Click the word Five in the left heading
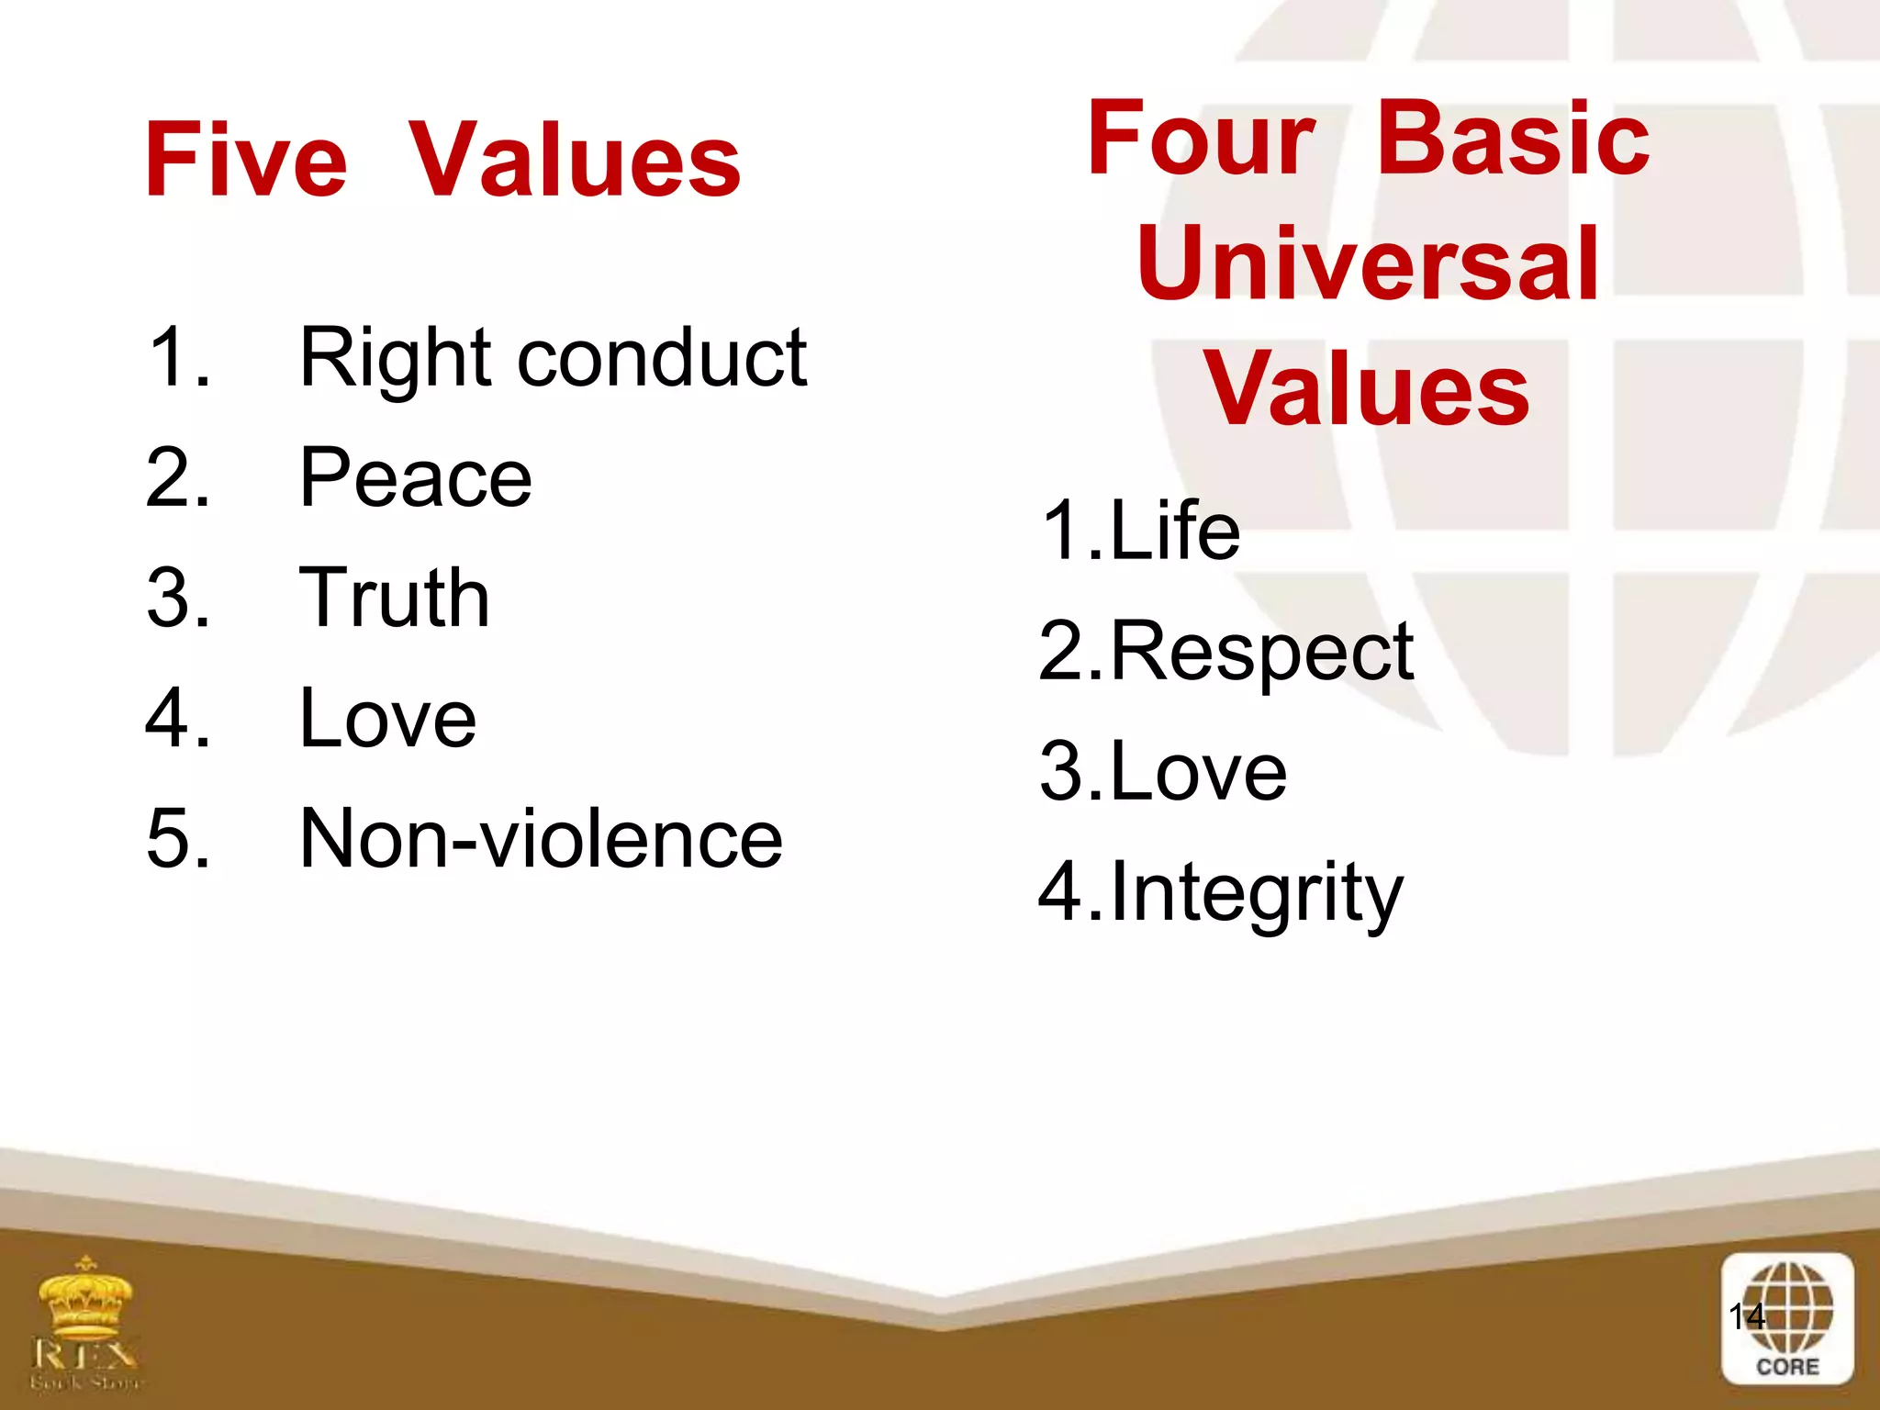tap(246, 162)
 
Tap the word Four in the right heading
tap(1201, 140)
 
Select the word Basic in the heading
tap(1513, 140)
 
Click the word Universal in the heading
tap(1368, 264)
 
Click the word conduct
tap(661, 358)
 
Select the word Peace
tap(415, 479)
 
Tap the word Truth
tap(395, 599)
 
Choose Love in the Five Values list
tap(387, 719)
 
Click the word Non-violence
tap(541, 839)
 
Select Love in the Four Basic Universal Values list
tap(1198, 773)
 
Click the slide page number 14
tap(1746, 1316)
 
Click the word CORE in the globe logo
tap(1786, 1367)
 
